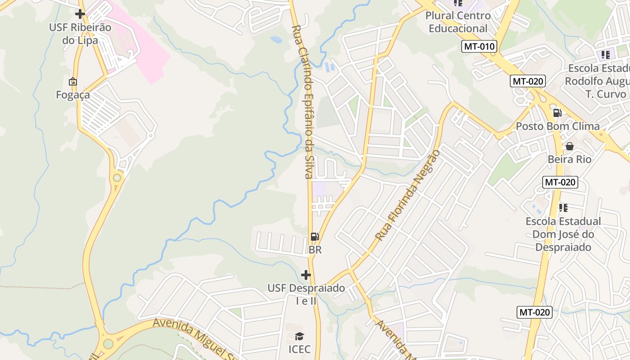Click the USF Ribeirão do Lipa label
tap(80, 34)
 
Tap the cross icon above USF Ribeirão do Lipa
tap(80, 14)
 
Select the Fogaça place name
tap(73, 95)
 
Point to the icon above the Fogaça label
tap(72, 81)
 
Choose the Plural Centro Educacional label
tap(458, 22)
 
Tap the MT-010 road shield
tap(479, 46)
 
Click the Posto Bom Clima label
tap(558, 126)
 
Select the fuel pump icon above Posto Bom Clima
tap(557, 113)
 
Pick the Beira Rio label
tap(569, 159)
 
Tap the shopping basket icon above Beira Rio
tap(569, 146)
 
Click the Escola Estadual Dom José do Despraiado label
tap(563, 234)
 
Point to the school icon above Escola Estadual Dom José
tap(563, 208)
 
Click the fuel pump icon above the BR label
tap(315, 237)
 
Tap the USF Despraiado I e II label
tap(306, 294)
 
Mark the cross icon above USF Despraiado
tap(306, 274)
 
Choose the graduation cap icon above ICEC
tap(299, 336)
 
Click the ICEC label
tap(299, 349)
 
